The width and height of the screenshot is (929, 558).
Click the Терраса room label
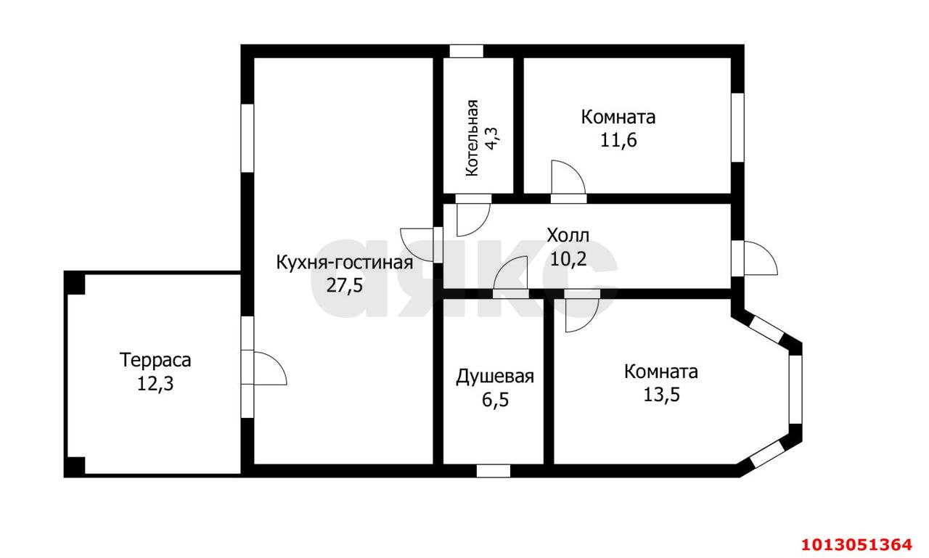(155, 360)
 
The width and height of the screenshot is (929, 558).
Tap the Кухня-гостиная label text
(344, 263)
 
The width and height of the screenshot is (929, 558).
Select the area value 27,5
(344, 285)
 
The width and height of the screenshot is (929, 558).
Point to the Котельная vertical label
(472, 138)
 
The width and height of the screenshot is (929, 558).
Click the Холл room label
(568, 236)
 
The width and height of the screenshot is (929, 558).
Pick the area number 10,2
(568, 259)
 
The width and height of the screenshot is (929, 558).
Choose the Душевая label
(495, 377)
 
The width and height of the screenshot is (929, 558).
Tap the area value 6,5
(494, 399)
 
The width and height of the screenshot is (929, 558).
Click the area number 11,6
(618, 140)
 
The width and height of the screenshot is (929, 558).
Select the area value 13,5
(661, 395)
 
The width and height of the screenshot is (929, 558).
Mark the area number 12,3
(155, 383)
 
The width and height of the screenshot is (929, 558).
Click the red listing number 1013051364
(856, 544)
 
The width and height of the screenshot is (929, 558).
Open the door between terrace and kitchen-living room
(269, 369)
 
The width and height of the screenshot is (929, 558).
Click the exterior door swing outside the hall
(761, 259)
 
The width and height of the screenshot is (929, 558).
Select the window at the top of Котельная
(466, 52)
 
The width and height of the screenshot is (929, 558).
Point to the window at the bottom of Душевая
(494, 471)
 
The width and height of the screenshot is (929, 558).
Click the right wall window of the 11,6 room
(737, 127)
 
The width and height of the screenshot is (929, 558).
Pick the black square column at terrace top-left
(75, 282)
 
